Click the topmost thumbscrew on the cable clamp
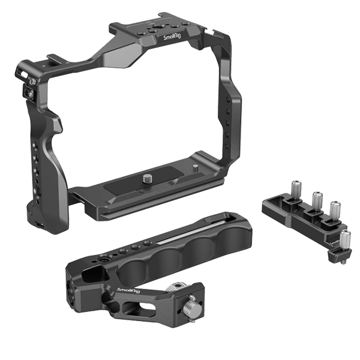tap(295, 187)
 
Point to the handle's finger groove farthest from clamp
tap(228, 230)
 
